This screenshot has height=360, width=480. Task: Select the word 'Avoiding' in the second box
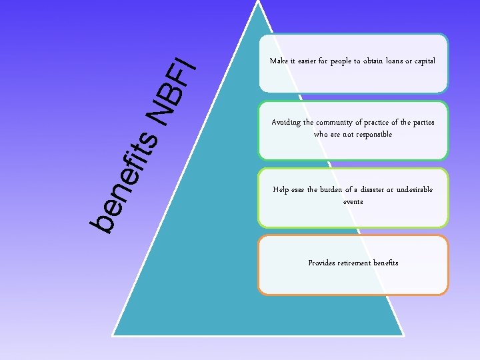[287, 123]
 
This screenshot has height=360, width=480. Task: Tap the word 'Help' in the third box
[281, 190]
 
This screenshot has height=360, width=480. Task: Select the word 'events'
[353, 201]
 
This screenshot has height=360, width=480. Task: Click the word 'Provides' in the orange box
[322, 263]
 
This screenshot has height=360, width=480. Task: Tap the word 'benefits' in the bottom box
[385, 263]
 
